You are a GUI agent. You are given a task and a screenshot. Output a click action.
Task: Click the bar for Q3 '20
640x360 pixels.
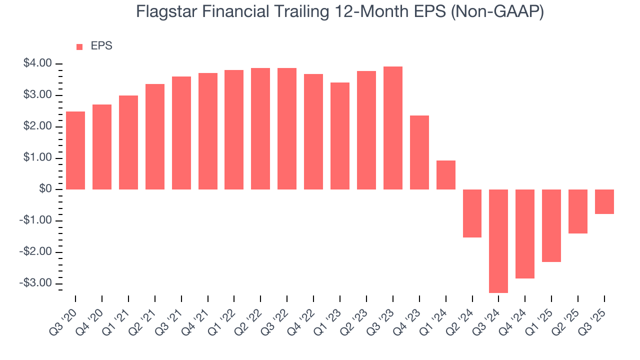point(75,150)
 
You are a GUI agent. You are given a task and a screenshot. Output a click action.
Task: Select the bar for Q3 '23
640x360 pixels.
point(393,128)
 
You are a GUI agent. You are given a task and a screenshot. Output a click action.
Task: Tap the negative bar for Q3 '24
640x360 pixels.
point(498,241)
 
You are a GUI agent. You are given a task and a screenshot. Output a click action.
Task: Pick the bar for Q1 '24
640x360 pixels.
point(446,175)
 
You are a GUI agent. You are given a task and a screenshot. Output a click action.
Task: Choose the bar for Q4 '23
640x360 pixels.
point(419,152)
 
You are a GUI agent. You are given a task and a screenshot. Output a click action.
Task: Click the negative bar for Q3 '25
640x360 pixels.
point(604,201)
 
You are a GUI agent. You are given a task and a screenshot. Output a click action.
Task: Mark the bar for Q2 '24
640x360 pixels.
point(472,213)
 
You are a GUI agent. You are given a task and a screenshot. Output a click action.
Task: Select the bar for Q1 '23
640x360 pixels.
point(340,136)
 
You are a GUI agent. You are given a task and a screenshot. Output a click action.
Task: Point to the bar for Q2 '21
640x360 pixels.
point(155,136)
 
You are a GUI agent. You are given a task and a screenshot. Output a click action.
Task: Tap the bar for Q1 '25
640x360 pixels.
point(551,225)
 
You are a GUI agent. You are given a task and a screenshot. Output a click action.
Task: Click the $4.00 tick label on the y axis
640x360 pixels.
point(37,63)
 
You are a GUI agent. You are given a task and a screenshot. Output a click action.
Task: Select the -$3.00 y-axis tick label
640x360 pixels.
point(36,283)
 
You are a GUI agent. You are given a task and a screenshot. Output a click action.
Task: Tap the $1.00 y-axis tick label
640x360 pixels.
point(37,157)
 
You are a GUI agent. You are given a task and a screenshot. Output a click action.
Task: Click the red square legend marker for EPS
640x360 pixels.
point(79,47)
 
